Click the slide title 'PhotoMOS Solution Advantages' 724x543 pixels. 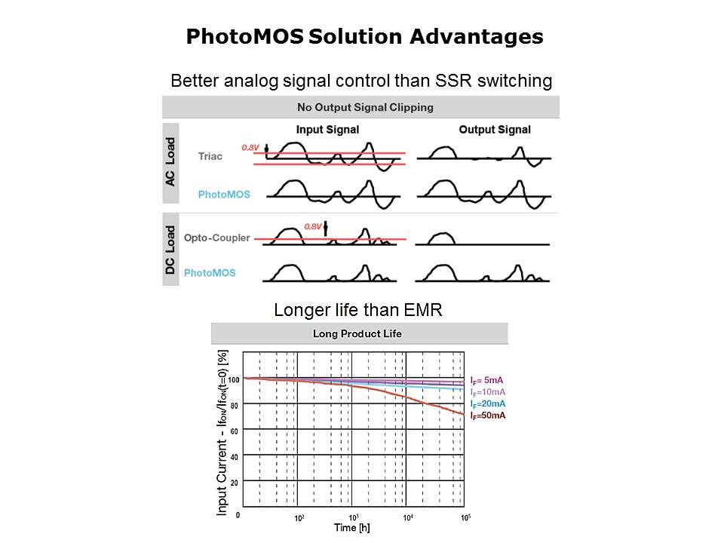[x=364, y=37]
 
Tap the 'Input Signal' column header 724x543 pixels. [x=327, y=130]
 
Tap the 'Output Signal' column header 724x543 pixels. [x=495, y=130]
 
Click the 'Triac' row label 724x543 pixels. [x=210, y=156]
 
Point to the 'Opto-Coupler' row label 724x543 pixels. [x=217, y=238]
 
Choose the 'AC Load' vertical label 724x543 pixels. [x=170, y=161]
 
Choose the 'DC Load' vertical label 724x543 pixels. [x=170, y=250]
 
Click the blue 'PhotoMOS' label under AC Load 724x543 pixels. [x=224, y=195]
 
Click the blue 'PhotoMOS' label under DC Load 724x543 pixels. [x=210, y=272]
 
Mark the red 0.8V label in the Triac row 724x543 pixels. [x=250, y=148]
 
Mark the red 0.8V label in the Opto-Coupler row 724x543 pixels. [x=313, y=225]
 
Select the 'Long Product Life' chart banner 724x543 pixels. [x=358, y=334]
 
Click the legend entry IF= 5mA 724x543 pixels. [x=486, y=380]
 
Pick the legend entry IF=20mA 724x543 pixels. [x=487, y=404]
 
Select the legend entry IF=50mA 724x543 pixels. [x=487, y=416]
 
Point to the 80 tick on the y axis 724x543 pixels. [x=234, y=406]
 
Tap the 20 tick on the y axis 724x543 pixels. [x=235, y=483]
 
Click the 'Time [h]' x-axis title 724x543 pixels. [x=353, y=528]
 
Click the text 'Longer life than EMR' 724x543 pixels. [x=359, y=310]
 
